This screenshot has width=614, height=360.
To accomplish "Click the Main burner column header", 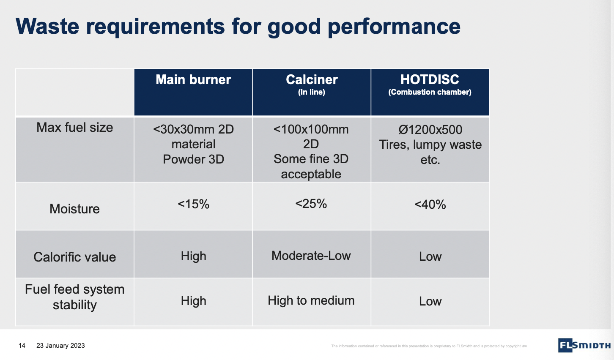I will [x=193, y=80].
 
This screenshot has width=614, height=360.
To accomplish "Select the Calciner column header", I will [x=312, y=80].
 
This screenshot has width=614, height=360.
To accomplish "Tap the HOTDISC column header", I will [x=430, y=80].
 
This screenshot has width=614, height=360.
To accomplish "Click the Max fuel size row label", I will [x=75, y=128].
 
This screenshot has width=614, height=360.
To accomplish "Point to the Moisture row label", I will [x=75, y=209].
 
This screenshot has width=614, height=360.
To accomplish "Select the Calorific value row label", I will [x=75, y=257].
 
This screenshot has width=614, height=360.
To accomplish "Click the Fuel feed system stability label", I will [x=75, y=297].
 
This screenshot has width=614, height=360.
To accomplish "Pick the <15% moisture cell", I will [x=193, y=205].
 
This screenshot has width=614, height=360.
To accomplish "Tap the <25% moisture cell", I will [x=311, y=204].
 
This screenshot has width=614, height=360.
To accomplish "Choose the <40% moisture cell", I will [x=430, y=205].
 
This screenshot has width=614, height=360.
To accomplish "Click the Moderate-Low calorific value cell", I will [x=311, y=256].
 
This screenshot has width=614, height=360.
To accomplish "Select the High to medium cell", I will [x=311, y=300].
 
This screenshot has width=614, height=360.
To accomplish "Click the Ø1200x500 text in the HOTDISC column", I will [x=430, y=130].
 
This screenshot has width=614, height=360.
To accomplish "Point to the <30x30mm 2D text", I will [x=193, y=129].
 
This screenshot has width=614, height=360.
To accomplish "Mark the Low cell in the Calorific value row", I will [x=430, y=256].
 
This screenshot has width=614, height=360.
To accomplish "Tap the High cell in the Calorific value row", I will [x=193, y=256].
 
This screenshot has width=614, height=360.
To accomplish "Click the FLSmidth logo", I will [x=584, y=345].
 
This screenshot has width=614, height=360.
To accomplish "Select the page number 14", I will [x=22, y=346].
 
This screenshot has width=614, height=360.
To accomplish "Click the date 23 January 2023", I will [x=60, y=346].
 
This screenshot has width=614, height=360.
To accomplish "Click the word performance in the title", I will [x=394, y=26].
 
